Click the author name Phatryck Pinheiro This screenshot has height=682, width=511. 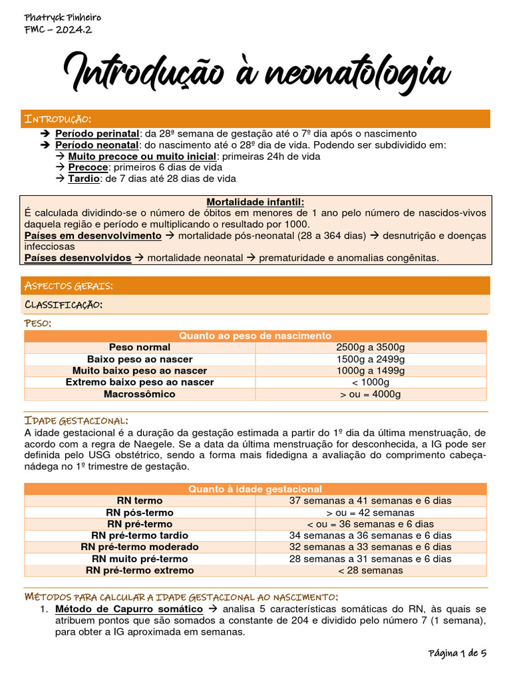[x=53, y=17]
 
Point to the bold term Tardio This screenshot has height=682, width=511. [x=83, y=178]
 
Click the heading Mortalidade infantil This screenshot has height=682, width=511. [x=255, y=202]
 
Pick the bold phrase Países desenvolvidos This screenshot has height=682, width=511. [x=78, y=258]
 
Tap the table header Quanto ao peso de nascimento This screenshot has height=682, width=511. [x=255, y=336]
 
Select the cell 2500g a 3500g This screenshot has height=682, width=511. [x=371, y=347]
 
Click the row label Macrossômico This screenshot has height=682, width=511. [x=140, y=394]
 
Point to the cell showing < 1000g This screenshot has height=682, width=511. [x=371, y=382]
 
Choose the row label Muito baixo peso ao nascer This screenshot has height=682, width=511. [x=140, y=370]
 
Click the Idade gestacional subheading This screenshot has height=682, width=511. [x=76, y=421]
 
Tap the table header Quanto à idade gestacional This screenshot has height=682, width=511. [x=255, y=489]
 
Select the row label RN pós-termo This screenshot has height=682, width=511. [x=140, y=512]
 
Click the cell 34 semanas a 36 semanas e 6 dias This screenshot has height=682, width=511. [x=371, y=535]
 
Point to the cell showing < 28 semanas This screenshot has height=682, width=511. [x=371, y=570]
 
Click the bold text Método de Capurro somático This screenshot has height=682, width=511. [x=129, y=609]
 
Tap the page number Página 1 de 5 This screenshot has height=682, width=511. [x=457, y=653]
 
